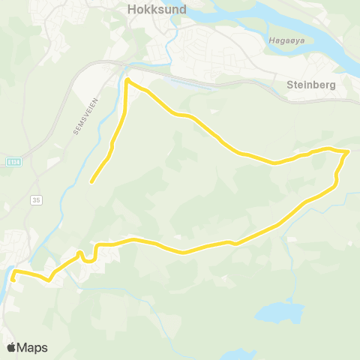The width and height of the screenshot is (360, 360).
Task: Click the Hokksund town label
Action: [x=157, y=10]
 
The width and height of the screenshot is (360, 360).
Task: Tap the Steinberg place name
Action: [x=310, y=85]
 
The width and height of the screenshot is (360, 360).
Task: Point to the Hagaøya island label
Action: [x=283, y=40]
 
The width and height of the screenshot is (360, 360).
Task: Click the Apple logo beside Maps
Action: [x=11, y=347]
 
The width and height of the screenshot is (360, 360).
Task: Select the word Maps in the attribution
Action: [x=34, y=347]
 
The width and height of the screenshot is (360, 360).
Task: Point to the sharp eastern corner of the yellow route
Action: [x=348, y=151]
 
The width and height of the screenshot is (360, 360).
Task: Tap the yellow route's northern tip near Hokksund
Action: [x=127, y=80]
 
